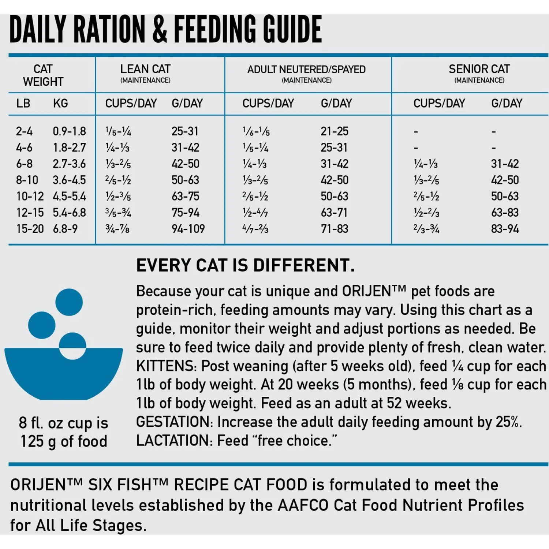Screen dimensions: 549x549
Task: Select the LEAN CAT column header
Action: pyautogui.click(x=145, y=69)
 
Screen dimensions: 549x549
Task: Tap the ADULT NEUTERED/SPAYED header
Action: pyautogui.click(x=306, y=70)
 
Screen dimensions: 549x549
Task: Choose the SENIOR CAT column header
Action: pyautogui.click(x=479, y=69)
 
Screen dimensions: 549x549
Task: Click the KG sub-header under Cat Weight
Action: pyautogui.click(x=60, y=104)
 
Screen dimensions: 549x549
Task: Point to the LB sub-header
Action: pyautogui.click(x=23, y=104)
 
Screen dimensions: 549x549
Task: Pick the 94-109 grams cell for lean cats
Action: pyautogui.click(x=188, y=229)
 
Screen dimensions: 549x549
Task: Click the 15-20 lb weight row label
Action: pyautogui.click(x=30, y=229)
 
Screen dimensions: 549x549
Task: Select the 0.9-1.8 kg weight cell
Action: pyautogui.click(x=69, y=131)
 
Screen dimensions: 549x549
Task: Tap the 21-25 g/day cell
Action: pyautogui.click(x=335, y=131)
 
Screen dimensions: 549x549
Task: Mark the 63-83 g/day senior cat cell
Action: pyautogui.click(x=505, y=213)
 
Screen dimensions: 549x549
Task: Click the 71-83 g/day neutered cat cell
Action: pyautogui.click(x=335, y=229)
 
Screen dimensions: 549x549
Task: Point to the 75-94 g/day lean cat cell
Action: pyautogui.click(x=186, y=213)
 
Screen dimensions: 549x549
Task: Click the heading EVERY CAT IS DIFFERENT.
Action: pyautogui.click(x=245, y=265)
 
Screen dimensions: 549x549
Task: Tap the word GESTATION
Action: pyautogui.click(x=174, y=422)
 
